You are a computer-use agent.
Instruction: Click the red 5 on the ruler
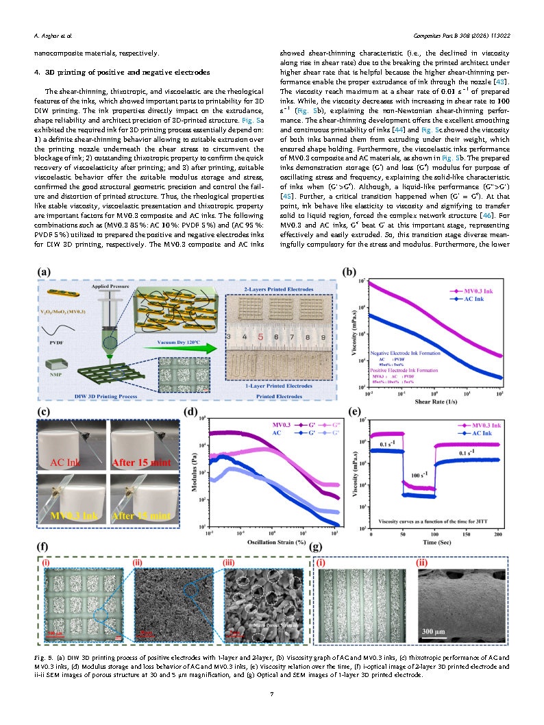click(x=260, y=337)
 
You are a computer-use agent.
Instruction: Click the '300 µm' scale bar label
click(x=436, y=630)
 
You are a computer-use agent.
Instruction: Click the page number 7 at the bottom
click(x=272, y=695)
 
